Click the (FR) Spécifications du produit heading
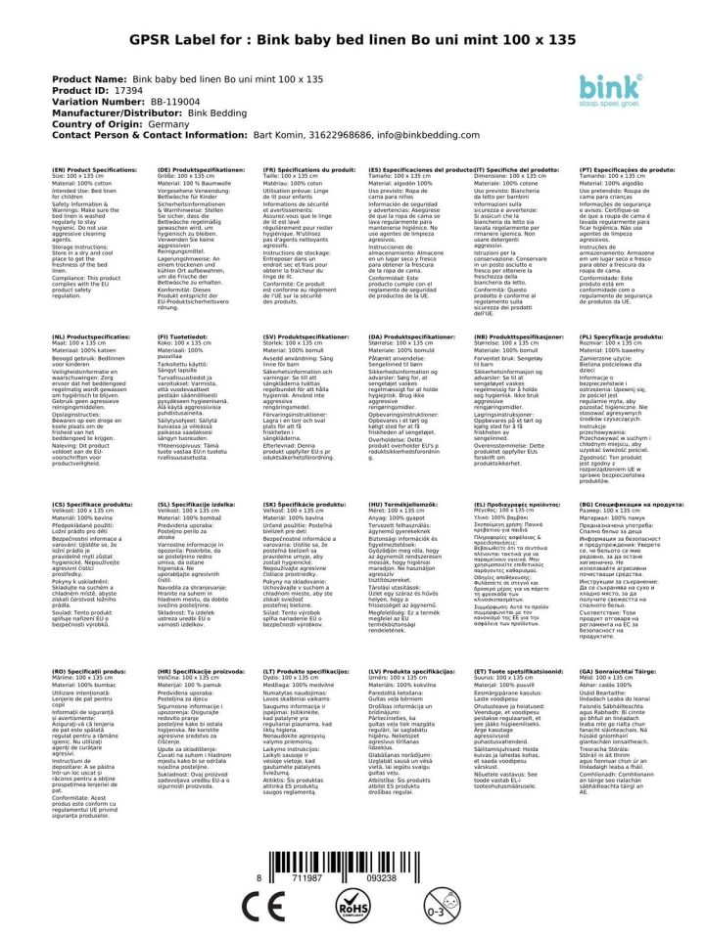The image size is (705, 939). tap(308, 168)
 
